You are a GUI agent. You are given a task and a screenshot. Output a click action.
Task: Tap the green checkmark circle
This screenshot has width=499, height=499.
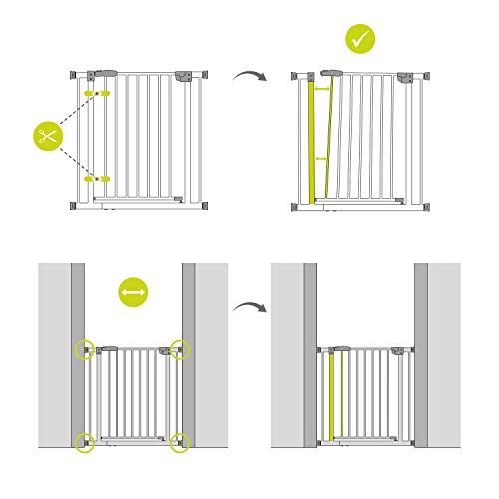[x=360, y=40]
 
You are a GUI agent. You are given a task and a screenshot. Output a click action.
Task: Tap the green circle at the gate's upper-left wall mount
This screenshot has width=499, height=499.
[x=85, y=349]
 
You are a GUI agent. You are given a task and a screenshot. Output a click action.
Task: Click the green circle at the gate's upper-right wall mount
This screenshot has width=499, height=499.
[x=179, y=349]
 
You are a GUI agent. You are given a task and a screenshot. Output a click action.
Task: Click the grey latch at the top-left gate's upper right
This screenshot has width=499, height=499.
[x=186, y=76]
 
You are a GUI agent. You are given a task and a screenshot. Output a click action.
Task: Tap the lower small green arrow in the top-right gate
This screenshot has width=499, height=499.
[x=321, y=158]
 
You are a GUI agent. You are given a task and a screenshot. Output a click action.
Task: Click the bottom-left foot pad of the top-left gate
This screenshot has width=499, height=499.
[x=75, y=206]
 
